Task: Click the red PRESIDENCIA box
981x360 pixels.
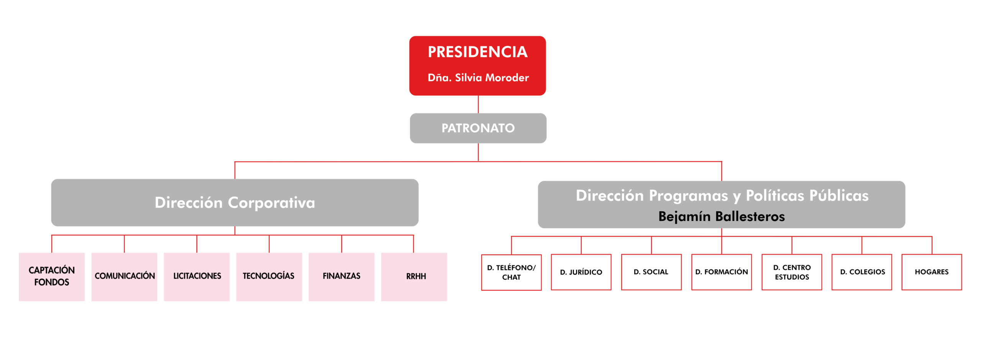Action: click(x=477, y=66)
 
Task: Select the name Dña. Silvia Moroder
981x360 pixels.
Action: click(x=478, y=78)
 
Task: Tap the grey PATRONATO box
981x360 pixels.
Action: click(x=478, y=128)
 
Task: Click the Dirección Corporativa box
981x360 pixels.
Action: click(x=235, y=202)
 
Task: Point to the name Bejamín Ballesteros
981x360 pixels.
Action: click(x=722, y=217)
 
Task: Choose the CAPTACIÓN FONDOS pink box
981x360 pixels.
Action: click(x=52, y=276)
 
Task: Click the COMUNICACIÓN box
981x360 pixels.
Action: click(x=124, y=276)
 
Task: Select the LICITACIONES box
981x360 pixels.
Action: click(x=197, y=276)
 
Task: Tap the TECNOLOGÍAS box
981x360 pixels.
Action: click(x=269, y=276)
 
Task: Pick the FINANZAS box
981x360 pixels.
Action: click(x=341, y=276)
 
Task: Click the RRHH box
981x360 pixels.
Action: click(x=414, y=276)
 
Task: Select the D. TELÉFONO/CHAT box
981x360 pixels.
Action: click(x=512, y=272)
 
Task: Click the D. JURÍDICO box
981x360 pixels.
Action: click(x=581, y=272)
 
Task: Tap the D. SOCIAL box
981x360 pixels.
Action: click(x=651, y=272)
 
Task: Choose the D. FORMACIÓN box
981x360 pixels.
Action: click(x=722, y=272)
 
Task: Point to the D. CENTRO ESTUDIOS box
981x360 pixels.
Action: click(x=792, y=272)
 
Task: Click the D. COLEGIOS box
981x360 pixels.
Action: click(x=862, y=272)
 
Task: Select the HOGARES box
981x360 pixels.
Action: click(x=932, y=272)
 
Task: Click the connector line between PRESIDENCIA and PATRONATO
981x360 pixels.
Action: click(x=478, y=104)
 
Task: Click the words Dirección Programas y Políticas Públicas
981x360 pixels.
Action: click(x=722, y=196)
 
